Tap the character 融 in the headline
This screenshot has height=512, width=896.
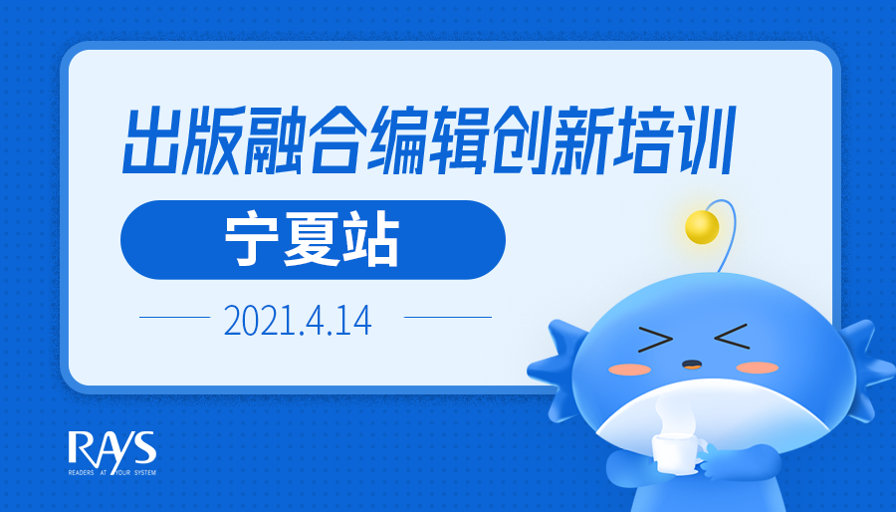[275, 140]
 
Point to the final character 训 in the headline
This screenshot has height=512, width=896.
[704, 140]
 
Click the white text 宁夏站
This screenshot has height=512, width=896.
[312, 240]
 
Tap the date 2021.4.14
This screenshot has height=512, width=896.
[297, 321]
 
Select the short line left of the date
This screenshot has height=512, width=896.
[175, 317]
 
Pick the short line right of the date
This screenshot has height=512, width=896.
[448, 317]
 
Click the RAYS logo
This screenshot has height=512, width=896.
[112, 449]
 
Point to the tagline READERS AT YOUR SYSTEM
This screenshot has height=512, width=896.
[112, 472]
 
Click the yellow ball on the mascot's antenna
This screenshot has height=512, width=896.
[702, 227]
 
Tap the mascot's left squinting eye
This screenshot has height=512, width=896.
[655, 340]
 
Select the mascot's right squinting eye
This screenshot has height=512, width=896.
[732, 336]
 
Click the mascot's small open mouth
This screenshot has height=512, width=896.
[692, 364]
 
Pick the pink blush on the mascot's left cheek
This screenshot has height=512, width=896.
[629, 370]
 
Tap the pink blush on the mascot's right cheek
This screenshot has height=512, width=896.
[757, 367]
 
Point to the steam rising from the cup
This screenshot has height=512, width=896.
[674, 414]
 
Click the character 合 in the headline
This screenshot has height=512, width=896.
[336, 140]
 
